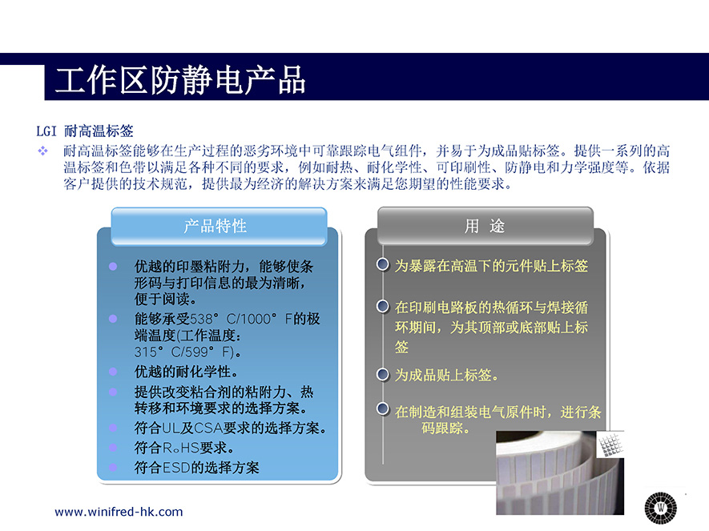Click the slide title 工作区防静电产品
180,80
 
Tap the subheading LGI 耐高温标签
85,131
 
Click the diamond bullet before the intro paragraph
43,151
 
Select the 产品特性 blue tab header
219,226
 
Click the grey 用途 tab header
485,226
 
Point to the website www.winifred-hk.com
119,512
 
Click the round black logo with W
661,508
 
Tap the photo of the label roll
560,473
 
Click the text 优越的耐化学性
186,372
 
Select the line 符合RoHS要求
184,448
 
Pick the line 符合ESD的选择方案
197,468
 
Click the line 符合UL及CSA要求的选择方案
230,428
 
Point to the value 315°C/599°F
184,352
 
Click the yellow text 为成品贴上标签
446,375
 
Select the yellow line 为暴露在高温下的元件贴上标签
491,266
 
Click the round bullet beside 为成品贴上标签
382,374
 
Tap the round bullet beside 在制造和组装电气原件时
382,408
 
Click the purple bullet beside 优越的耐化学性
113,372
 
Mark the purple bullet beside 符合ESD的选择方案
113,468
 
